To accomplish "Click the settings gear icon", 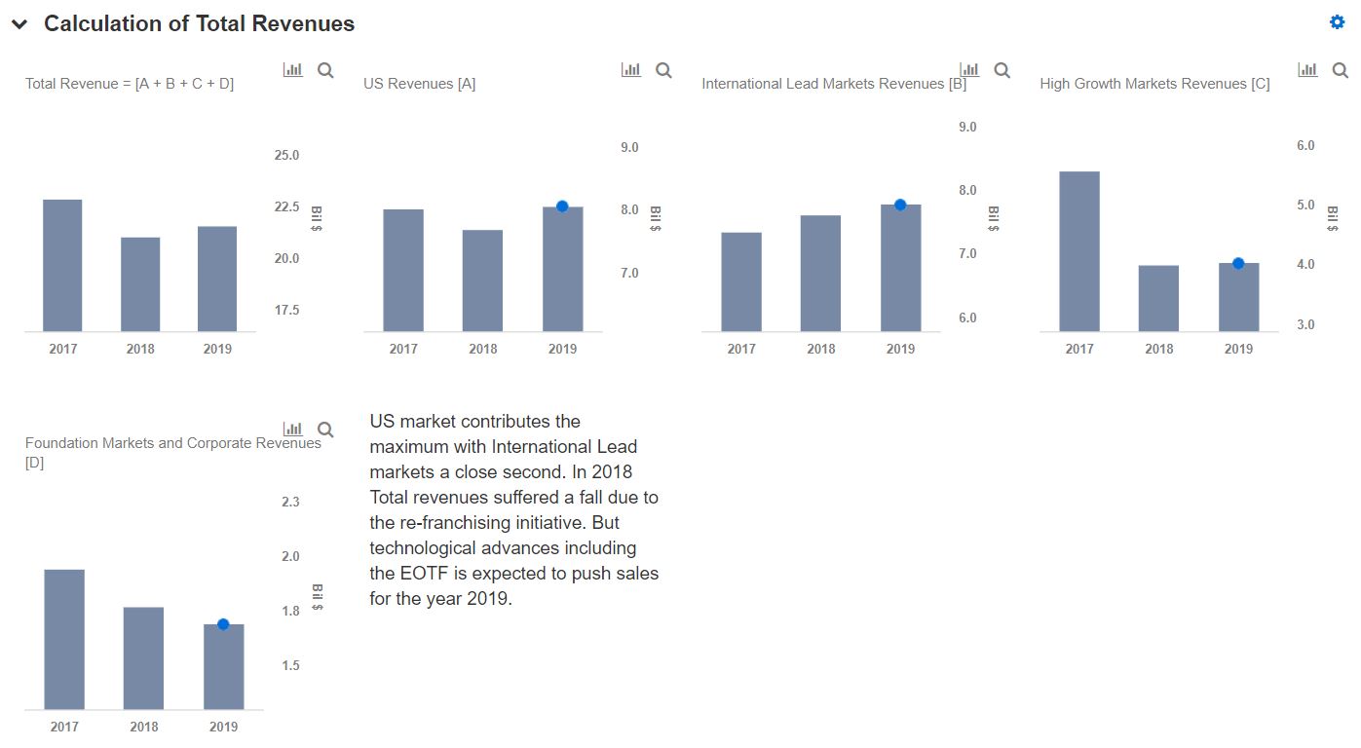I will [1337, 22].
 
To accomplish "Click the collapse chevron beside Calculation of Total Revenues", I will [19, 24].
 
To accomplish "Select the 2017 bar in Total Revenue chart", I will [62, 265].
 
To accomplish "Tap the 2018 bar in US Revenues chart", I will [482, 280].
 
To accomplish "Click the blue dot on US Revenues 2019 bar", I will [562, 206].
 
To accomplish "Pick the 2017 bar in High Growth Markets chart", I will [1078, 251].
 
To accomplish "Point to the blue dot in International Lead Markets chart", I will [900, 205].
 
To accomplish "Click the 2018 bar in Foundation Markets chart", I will [143, 657].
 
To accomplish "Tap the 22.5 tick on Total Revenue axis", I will [286, 206].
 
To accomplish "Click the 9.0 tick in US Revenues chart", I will [629, 147].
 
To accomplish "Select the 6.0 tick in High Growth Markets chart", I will [1305, 145].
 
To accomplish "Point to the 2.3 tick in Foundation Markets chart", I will [290, 502].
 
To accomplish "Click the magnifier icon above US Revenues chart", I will [663, 70].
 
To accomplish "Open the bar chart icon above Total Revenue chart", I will [292, 70].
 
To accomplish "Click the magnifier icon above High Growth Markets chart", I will [1340, 70].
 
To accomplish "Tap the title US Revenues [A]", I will [419, 84].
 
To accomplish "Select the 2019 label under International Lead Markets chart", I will [900, 349].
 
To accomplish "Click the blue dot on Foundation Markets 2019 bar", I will [223, 624].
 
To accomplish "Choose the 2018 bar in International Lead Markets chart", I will [820, 273].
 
